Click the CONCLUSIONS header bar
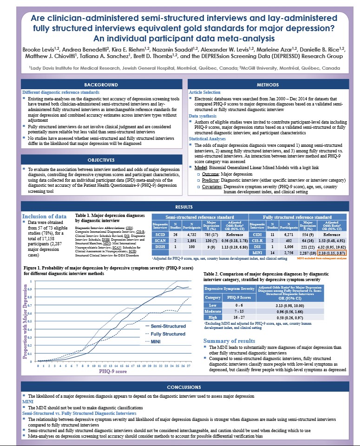[x=180, y=387]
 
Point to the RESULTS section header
[x=180, y=207]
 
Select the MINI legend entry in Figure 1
[x=153, y=341]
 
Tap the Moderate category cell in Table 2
[x=213, y=311]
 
